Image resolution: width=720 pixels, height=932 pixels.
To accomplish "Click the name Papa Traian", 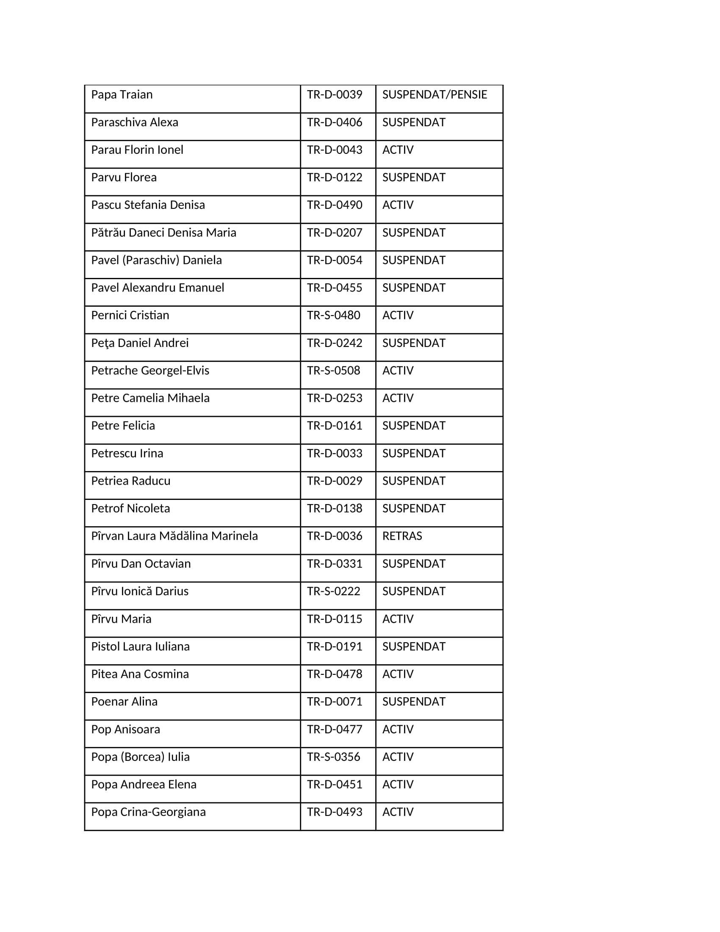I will [x=122, y=95].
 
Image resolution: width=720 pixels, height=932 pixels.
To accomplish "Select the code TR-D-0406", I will [x=335, y=122].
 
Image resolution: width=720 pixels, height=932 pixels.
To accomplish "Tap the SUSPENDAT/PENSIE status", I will [x=434, y=95].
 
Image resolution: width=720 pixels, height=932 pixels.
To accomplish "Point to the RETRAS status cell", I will [x=402, y=536].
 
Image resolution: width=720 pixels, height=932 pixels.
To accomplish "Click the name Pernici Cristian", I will [x=130, y=315].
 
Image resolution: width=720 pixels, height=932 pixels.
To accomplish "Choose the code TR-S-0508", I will [x=334, y=370].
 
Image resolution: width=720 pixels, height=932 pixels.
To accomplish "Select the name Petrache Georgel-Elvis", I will [x=150, y=370].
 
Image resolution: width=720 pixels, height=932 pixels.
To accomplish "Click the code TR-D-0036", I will [x=335, y=536].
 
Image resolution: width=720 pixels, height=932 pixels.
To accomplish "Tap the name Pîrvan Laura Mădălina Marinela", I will [x=174, y=536].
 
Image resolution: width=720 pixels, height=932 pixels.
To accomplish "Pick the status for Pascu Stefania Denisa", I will [x=398, y=205].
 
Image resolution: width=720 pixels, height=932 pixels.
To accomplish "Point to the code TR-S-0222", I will [x=334, y=591].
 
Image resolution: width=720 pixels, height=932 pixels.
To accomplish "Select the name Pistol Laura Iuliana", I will [x=140, y=646].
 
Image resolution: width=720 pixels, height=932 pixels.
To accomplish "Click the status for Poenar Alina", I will [x=413, y=702].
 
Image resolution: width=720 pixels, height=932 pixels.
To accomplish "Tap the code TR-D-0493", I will [x=335, y=812].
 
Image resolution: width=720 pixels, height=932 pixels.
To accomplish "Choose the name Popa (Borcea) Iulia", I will [x=140, y=757].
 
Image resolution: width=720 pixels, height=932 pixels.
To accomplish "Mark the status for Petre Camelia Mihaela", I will [x=398, y=398].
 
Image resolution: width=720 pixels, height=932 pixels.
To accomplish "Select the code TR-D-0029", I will [x=335, y=481].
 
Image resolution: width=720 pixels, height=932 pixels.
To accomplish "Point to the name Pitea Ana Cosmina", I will [x=140, y=674].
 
